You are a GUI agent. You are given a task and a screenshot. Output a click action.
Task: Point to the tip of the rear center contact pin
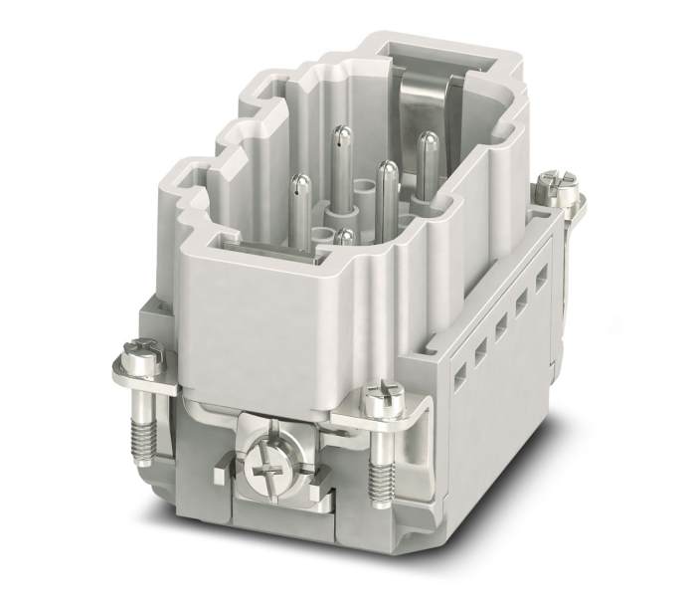click(341, 132)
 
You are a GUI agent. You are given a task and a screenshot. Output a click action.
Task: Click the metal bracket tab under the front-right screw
click(403, 418)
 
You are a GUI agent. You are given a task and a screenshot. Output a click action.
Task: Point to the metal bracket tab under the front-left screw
click(164, 370)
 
